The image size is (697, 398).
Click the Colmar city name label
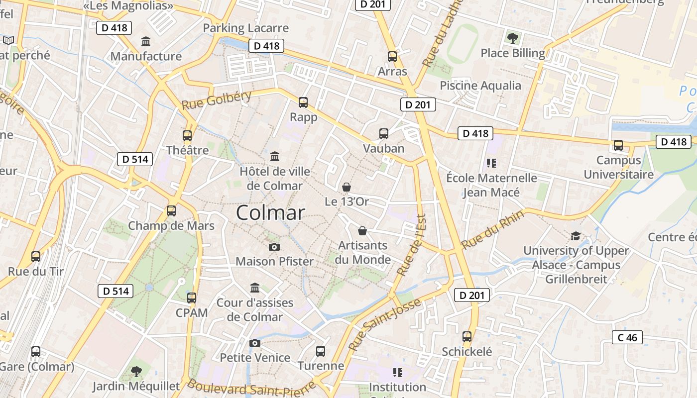[x=270, y=213]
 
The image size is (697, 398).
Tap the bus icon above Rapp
[x=303, y=102]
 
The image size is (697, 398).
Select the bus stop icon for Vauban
[x=383, y=133]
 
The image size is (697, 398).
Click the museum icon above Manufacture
[x=146, y=41]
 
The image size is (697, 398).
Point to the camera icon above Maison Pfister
[x=274, y=247]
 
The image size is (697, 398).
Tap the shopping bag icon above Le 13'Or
[x=346, y=187]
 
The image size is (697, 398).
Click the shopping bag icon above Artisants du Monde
[x=362, y=231]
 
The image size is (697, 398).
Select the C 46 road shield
[x=627, y=338]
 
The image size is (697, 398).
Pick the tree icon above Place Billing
[x=512, y=38]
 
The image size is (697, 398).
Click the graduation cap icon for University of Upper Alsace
[x=576, y=236]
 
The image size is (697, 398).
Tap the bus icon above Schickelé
[x=467, y=337]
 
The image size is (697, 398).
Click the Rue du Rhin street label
[x=492, y=230]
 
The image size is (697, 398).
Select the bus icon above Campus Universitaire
[x=618, y=145]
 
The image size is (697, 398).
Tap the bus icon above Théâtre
[x=187, y=135]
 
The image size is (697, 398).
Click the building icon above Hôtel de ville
[x=274, y=157]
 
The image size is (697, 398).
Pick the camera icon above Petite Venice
[x=254, y=343]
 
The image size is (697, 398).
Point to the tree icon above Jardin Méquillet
[x=136, y=371]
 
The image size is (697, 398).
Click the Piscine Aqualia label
[x=480, y=86]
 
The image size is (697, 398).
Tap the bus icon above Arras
[x=392, y=57]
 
